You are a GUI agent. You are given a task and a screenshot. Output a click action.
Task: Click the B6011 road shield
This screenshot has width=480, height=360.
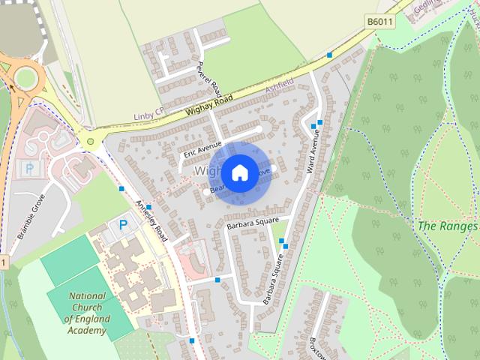[x=379, y=22]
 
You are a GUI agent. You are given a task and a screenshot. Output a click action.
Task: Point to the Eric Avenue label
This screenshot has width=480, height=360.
[x=202, y=148]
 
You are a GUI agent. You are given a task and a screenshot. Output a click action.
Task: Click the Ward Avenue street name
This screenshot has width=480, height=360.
[x=313, y=152]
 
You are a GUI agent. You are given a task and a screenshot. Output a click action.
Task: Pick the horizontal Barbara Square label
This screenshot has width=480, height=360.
[x=253, y=223]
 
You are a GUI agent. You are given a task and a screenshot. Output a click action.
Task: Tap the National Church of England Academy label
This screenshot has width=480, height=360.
[x=88, y=313]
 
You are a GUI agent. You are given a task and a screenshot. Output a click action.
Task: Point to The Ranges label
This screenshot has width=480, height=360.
[x=447, y=226]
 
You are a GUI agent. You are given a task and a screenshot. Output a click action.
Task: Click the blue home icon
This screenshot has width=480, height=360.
[x=239, y=172]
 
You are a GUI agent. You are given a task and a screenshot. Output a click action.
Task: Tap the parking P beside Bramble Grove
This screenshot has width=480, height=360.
[x=29, y=169]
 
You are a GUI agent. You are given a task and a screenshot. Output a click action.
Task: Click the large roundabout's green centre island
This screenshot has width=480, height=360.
[x=27, y=76]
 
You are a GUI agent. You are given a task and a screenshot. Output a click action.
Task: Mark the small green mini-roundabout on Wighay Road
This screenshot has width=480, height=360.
[x=91, y=141]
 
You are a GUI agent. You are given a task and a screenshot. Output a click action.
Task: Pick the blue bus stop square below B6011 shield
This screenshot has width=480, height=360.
[x=329, y=55]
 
